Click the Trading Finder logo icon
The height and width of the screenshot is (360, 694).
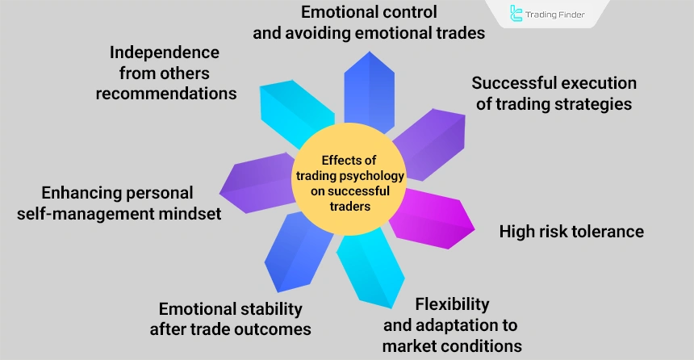coord(516,14)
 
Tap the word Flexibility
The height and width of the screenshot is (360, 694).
coord(453,304)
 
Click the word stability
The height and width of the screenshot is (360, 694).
coord(264,309)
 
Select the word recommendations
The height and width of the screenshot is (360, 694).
coord(166,93)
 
